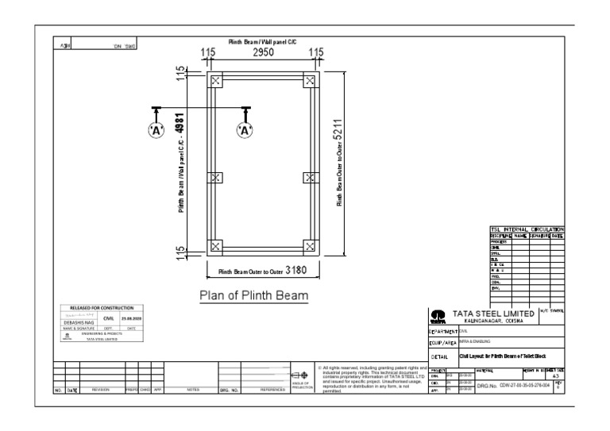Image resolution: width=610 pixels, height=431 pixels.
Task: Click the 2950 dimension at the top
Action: pyautogui.click(x=263, y=53)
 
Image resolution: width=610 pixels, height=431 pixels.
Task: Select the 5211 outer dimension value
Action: pyautogui.click(x=339, y=136)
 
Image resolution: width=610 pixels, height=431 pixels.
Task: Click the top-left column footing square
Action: pyautogui.click(x=215, y=80)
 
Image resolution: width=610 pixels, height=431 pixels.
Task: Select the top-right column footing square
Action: pyautogui.click(x=310, y=80)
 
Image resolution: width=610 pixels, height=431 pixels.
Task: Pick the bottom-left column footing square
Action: pyautogui.click(x=215, y=246)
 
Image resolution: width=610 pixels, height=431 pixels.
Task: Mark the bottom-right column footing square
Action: pyautogui.click(x=310, y=246)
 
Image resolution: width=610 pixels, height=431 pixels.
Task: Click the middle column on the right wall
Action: pyautogui.click(x=310, y=178)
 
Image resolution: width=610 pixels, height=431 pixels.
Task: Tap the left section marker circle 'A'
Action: pyautogui.click(x=156, y=130)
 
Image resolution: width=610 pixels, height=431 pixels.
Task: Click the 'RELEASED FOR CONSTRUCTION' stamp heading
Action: pyautogui.click(x=101, y=307)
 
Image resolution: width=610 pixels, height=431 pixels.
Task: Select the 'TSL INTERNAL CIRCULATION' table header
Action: pyautogui.click(x=527, y=229)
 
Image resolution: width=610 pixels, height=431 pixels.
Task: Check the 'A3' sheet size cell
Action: pyautogui.click(x=555, y=376)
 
